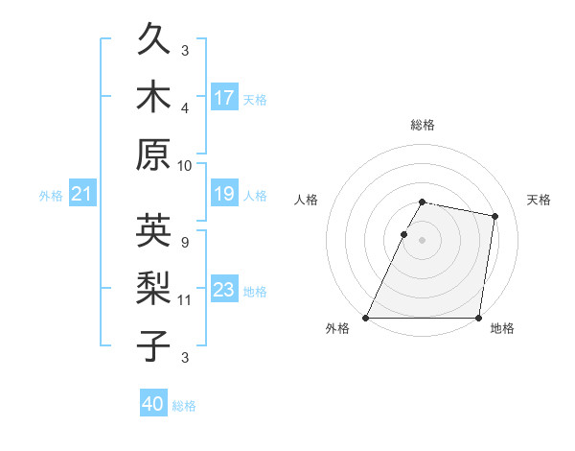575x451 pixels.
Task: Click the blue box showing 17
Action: (224, 98)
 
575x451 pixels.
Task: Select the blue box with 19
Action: (224, 195)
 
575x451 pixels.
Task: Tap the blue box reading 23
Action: (224, 290)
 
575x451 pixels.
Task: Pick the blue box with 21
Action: (81, 195)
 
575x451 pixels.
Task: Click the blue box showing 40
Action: (153, 405)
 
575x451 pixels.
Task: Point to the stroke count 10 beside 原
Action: (185, 165)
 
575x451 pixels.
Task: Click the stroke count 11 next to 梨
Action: (185, 299)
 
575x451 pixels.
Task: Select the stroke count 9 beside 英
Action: (184, 242)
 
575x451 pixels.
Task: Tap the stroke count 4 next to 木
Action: (185, 107)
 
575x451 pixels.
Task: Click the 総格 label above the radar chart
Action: (423, 125)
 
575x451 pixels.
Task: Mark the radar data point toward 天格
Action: (494, 217)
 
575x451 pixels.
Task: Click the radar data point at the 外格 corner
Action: (366, 318)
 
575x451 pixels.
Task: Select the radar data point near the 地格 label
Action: (478, 318)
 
